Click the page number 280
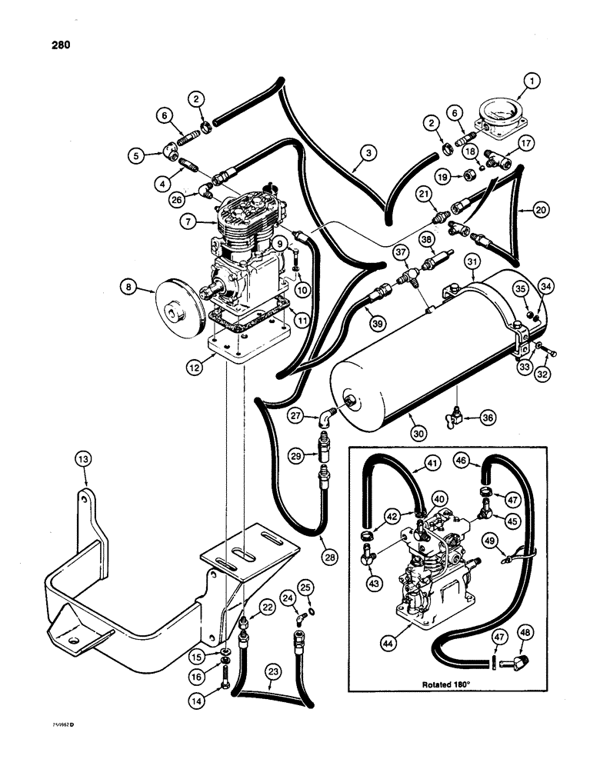tap(58, 45)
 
